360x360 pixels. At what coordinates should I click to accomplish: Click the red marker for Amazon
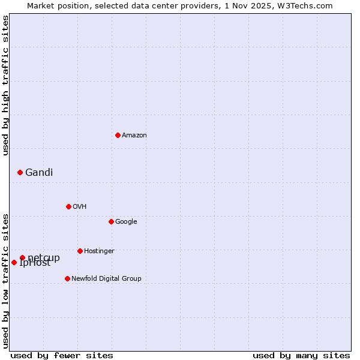click(118, 135)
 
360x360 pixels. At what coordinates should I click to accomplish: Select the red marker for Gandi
click(20, 172)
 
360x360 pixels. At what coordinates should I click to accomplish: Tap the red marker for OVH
click(68, 206)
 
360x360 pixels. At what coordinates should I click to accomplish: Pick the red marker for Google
click(111, 221)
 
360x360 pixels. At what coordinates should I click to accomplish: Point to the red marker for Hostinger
click(80, 251)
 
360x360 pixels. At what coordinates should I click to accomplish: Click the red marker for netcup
click(22, 258)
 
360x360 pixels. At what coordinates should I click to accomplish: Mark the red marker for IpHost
click(14, 262)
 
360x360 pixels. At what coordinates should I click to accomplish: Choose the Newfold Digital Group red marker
click(67, 278)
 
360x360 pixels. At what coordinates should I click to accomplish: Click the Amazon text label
click(134, 135)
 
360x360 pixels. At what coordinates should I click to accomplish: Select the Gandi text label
click(39, 172)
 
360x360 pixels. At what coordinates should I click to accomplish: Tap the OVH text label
click(79, 206)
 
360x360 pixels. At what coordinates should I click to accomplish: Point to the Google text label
click(126, 221)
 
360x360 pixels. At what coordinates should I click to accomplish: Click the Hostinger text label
click(99, 251)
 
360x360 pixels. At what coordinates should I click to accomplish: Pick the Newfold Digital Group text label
click(106, 278)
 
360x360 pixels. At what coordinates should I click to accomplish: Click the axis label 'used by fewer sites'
click(62, 355)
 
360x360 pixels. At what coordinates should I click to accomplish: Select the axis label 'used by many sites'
click(301, 355)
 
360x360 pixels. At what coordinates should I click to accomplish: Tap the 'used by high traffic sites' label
click(5, 85)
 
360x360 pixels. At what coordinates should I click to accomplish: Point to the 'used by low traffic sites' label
click(5, 281)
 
